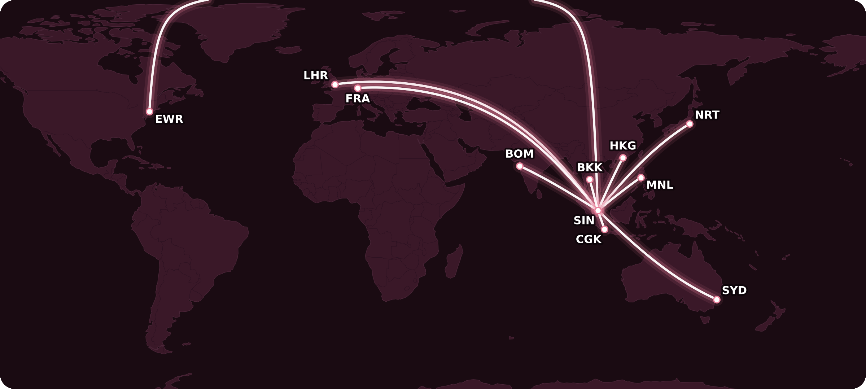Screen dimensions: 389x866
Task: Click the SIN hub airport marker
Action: (598, 210)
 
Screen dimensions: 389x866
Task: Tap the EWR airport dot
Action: (149, 112)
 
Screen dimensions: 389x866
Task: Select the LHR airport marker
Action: (335, 84)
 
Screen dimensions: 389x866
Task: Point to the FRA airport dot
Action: (358, 88)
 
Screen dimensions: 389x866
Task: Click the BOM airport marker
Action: (520, 166)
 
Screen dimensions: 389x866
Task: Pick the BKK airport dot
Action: (590, 179)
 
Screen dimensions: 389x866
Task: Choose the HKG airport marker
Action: (623, 158)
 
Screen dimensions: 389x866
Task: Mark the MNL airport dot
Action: (641, 178)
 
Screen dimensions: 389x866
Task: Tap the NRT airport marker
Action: (690, 124)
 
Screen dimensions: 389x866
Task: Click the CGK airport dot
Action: (604, 229)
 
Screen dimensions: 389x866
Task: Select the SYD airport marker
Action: (717, 300)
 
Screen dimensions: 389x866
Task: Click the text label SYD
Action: (734, 290)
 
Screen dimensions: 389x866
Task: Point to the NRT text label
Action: (707, 115)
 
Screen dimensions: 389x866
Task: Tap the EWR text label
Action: (169, 119)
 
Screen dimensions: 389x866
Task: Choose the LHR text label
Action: (315, 75)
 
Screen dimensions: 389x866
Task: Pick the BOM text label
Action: (519, 154)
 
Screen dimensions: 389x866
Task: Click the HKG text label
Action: (623, 145)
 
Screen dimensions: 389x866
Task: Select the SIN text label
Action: (584, 220)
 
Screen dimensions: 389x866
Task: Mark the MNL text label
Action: (660, 185)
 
